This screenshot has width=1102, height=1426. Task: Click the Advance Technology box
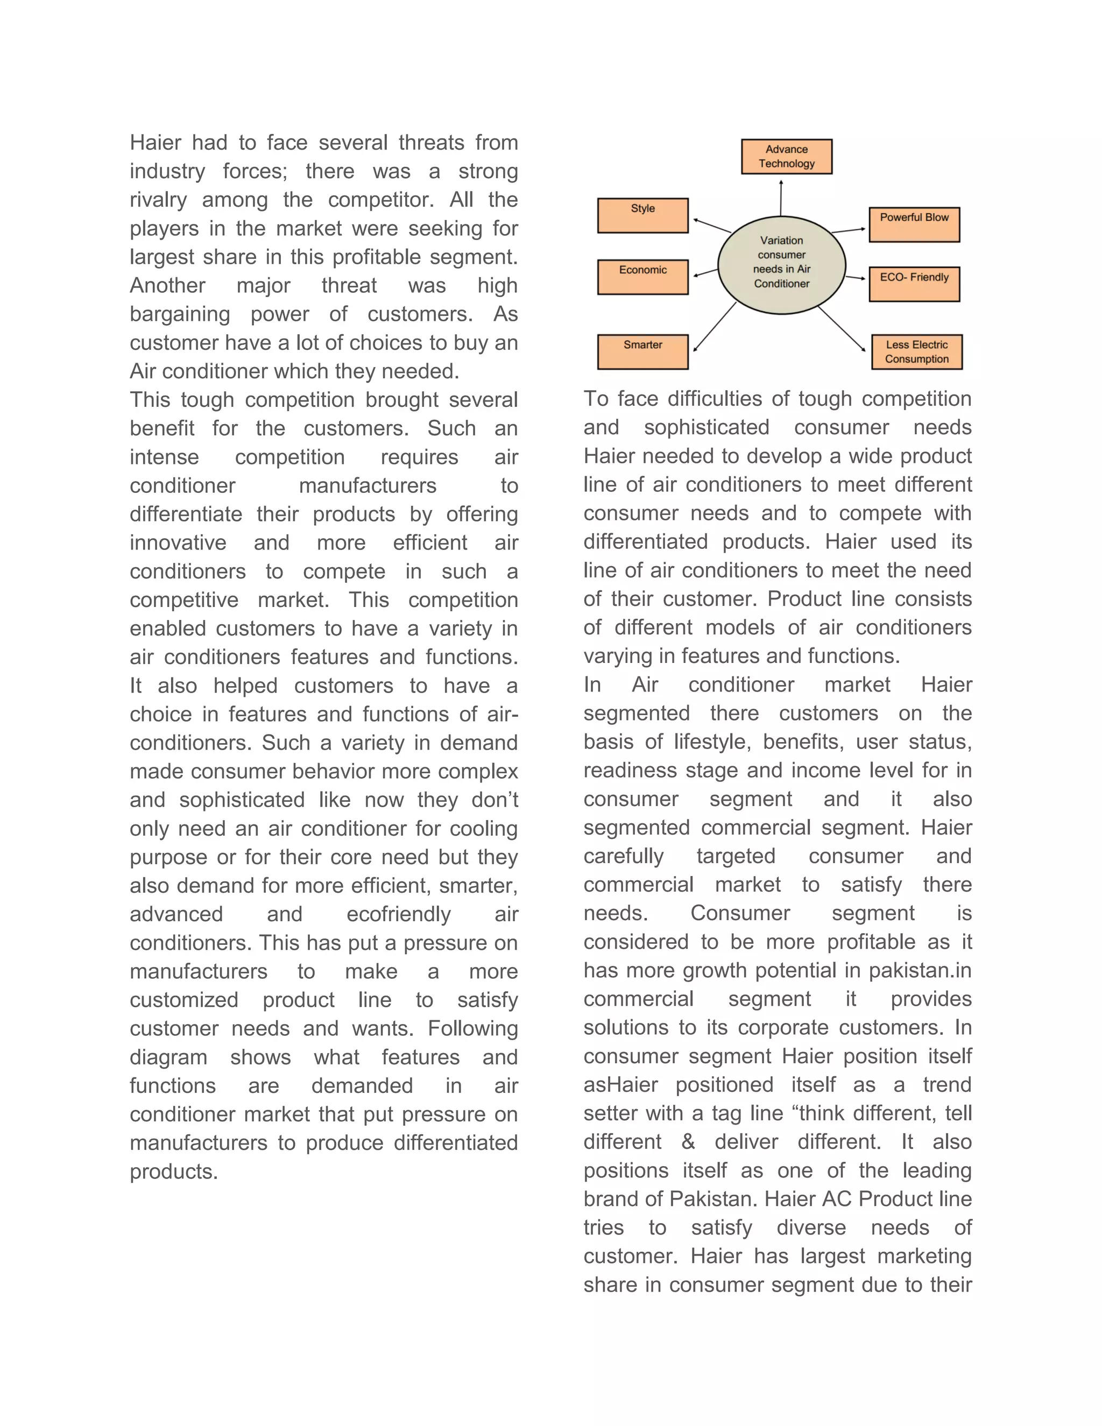(786, 157)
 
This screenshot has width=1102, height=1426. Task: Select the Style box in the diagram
(642, 215)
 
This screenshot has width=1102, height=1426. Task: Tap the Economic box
(642, 277)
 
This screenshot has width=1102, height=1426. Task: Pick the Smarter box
(642, 352)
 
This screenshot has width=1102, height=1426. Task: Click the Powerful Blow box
(914, 224)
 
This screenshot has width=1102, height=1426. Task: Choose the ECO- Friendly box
(914, 284)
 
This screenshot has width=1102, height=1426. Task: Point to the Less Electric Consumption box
(916, 352)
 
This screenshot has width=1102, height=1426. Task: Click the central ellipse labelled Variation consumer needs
(781, 264)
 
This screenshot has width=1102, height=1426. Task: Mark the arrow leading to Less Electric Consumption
(842, 330)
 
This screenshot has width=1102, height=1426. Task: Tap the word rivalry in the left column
(158, 200)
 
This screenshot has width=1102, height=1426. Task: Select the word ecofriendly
(398, 914)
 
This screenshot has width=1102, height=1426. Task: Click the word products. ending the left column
(174, 1171)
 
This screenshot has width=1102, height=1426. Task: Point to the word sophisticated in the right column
(707, 428)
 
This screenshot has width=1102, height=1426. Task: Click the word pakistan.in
(920, 971)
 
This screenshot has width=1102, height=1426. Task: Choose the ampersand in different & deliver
(688, 1142)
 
